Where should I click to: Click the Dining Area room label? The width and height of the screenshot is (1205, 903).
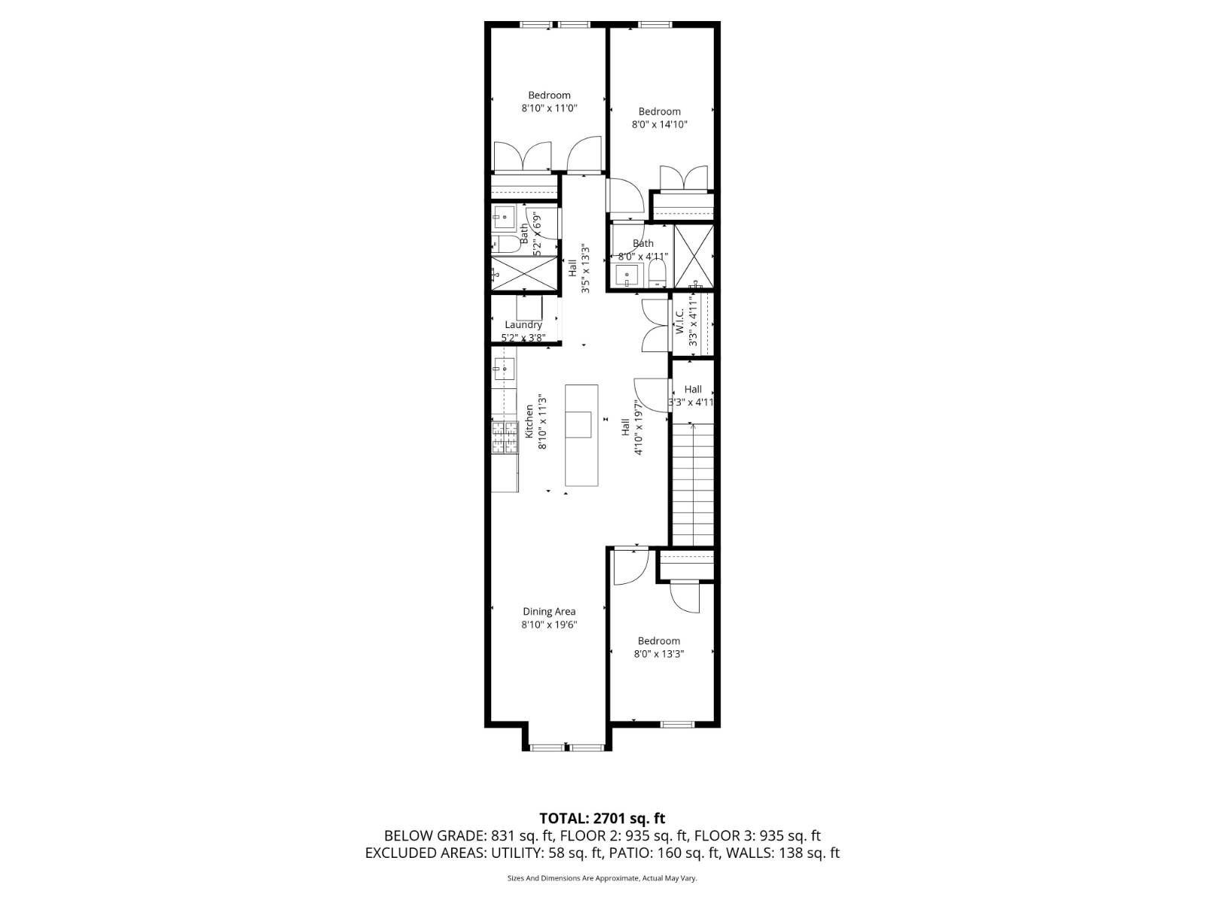click(549, 612)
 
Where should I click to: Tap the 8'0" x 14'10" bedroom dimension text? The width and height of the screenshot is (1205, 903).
click(659, 125)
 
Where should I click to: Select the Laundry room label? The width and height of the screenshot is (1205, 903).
click(523, 325)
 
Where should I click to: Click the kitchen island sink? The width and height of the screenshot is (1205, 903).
click(580, 424)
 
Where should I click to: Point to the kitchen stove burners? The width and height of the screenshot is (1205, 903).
click(505, 437)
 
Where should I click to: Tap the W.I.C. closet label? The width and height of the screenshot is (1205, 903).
click(679, 322)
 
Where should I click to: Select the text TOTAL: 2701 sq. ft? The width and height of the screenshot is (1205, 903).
click(602, 818)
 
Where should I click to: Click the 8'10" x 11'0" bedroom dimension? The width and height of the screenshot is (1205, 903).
click(549, 108)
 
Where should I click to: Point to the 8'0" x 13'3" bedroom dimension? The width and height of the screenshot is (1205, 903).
click(659, 654)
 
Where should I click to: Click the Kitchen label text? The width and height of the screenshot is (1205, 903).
click(529, 421)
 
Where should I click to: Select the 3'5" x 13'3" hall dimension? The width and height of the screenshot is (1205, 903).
click(584, 268)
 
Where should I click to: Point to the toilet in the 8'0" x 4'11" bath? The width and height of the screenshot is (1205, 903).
click(658, 273)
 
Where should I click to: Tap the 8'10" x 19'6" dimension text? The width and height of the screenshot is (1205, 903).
click(549, 625)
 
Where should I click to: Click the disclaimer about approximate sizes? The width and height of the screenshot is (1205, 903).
click(602, 878)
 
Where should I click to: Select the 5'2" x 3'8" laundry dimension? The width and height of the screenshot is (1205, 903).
click(523, 338)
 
